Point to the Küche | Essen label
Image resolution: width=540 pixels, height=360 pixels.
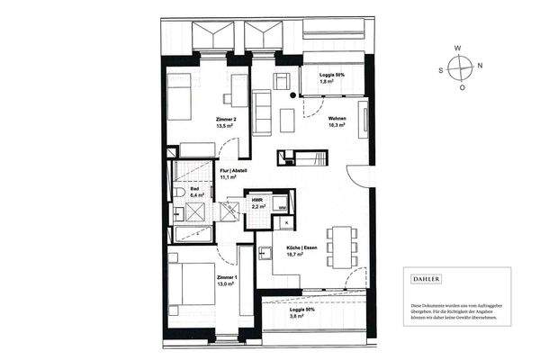[300, 251]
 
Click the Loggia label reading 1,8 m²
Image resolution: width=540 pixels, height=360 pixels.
[333, 79]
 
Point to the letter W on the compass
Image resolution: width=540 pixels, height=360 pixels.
[460, 47]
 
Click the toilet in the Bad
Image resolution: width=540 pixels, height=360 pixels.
[180, 193]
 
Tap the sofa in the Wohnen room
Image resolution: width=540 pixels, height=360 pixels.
[264, 111]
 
